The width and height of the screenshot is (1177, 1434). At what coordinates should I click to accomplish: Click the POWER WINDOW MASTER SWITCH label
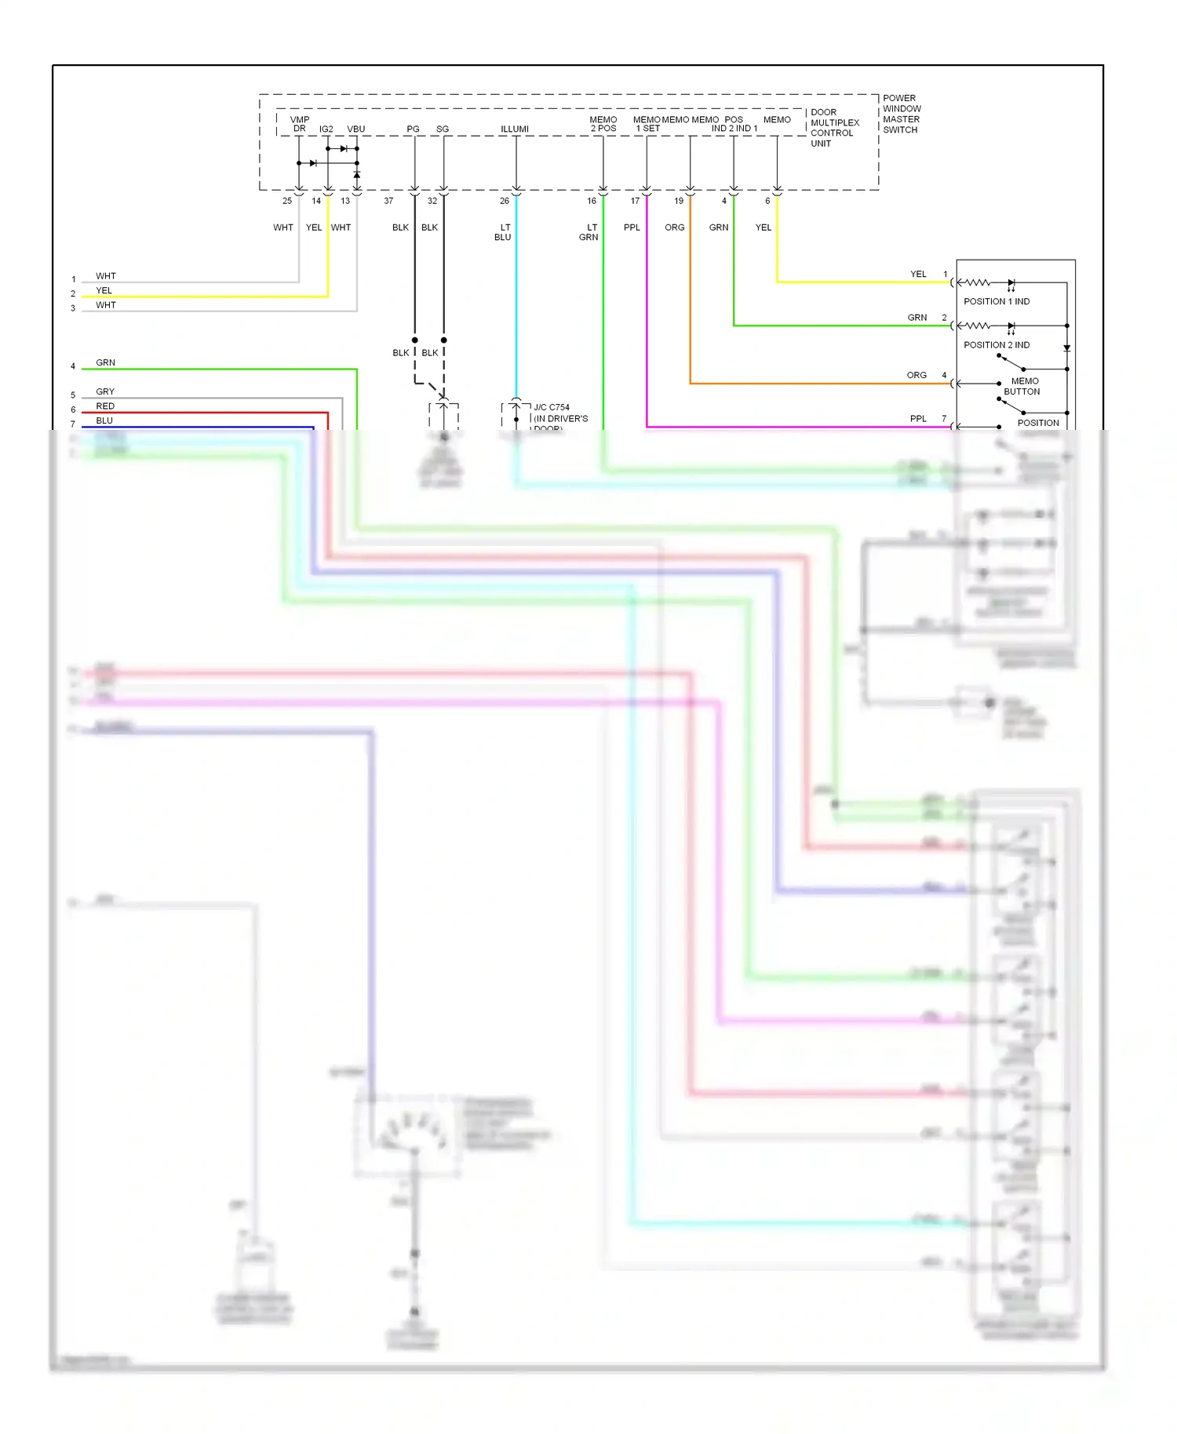coord(902,115)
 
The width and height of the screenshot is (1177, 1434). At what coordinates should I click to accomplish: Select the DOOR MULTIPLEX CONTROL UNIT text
coord(834,128)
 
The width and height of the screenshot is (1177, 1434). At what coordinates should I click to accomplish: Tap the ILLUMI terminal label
coord(515,129)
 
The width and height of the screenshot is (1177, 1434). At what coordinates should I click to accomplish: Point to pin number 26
coord(505,201)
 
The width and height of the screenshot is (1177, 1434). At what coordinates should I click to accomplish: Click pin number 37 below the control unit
coord(388,201)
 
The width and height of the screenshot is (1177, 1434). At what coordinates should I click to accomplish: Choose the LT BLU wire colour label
coord(503,232)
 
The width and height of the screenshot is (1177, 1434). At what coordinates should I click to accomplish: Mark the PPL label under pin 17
coord(632,227)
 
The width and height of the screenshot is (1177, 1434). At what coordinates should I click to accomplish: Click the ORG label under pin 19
coord(675,227)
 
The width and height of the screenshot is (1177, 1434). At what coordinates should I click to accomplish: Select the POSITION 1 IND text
coord(997,301)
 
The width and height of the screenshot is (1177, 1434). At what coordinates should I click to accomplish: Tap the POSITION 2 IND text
coord(997,345)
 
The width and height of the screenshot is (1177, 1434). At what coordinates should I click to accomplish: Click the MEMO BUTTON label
coord(1022,386)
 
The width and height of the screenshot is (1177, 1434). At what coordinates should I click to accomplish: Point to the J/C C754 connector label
coord(552,407)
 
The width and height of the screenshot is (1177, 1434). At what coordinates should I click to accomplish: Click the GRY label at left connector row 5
coord(105,391)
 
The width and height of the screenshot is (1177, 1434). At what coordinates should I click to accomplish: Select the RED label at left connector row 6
coord(105,406)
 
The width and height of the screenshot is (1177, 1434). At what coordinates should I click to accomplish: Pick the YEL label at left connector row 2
coord(104,290)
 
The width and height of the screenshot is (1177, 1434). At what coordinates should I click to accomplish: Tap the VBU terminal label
coord(355,129)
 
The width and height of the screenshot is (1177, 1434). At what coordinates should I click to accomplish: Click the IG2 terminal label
coord(326,129)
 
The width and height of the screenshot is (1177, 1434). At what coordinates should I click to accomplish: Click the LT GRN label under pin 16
coord(589,232)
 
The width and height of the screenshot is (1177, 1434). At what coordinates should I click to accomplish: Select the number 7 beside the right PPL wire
coord(944,419)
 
